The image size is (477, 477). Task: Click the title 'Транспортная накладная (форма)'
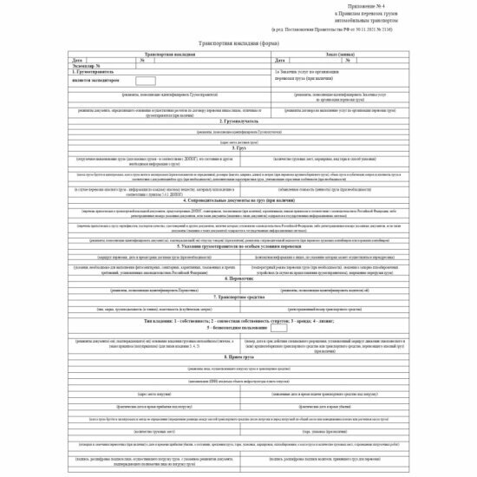pos(238,43)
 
